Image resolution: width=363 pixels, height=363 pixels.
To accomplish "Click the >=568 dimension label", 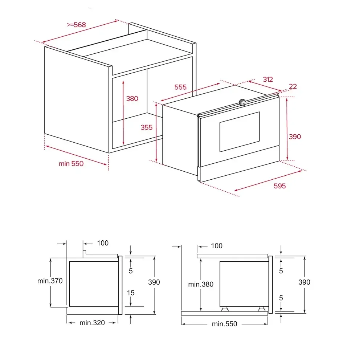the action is point(76,25).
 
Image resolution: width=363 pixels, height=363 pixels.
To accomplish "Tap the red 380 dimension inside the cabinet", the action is point(132,99).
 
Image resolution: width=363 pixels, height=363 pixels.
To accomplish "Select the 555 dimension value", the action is point(180,87).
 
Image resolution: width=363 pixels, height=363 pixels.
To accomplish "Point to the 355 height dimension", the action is point(147,127).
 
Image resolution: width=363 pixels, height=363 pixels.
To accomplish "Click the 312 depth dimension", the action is point(268,79).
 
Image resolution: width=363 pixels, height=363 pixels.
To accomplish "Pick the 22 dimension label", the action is point(293,87).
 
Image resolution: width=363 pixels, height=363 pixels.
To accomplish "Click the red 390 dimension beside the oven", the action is point(295,136).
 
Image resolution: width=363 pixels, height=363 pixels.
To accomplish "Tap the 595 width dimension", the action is point(280,186).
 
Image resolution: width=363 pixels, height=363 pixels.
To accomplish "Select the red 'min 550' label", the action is point(71,164).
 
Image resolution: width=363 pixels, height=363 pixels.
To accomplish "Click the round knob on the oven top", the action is point(242,102).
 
